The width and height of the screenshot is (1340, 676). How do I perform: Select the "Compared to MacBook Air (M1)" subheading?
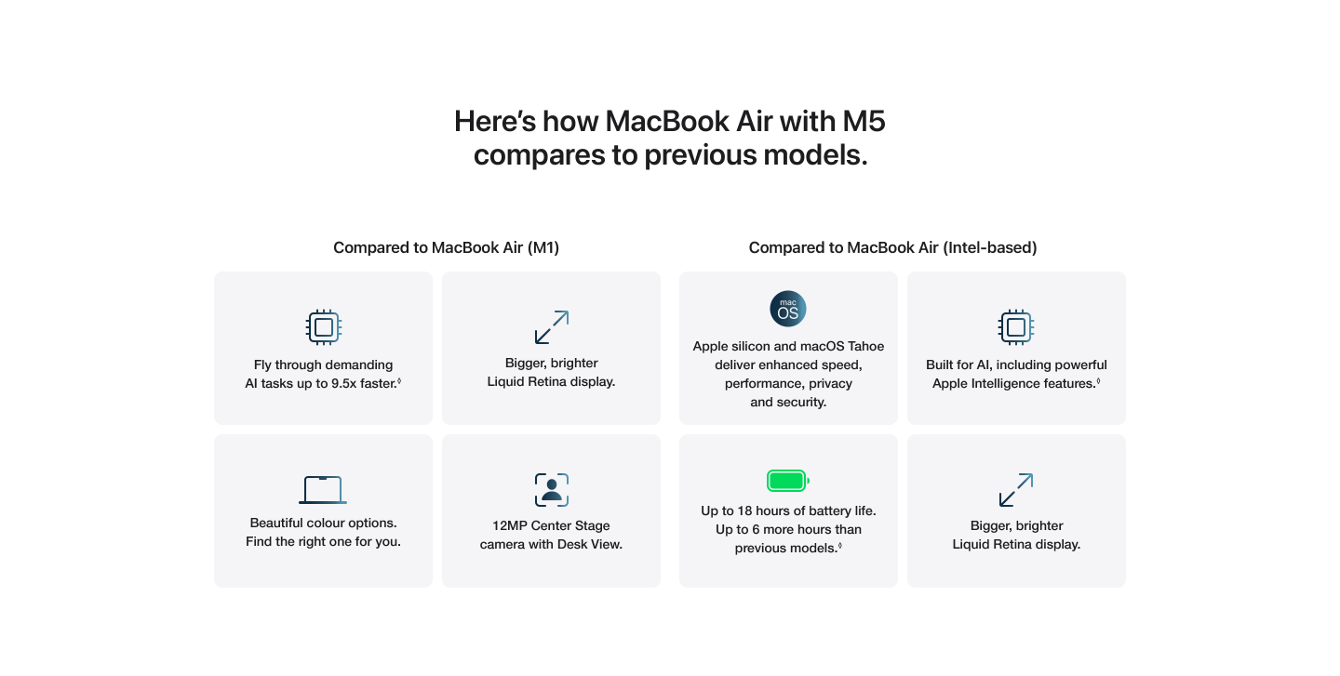[x=446, y=247]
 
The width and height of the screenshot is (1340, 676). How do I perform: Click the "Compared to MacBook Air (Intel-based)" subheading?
[x=892, y=247]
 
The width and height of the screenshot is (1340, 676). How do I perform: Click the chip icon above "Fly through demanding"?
[x=324, y=327]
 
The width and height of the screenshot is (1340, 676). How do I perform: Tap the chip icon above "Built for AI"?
[x=1016, y=327]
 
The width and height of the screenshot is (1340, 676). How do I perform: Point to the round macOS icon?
[x=788, y=309]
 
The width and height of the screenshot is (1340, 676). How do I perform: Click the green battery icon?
[x=787, y=481]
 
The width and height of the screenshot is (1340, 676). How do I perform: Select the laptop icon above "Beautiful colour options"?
[x=323, y=489]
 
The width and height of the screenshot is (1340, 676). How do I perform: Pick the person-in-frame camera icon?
[x=551, y=490]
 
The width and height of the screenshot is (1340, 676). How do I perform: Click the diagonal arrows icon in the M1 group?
[x=551, y=327]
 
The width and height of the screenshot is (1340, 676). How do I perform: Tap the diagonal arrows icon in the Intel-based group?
[x=1016, y=490]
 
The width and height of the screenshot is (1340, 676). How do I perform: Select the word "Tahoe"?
[x=864, y=347]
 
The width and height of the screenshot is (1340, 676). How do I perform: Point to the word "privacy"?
[x=828, y=384]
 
